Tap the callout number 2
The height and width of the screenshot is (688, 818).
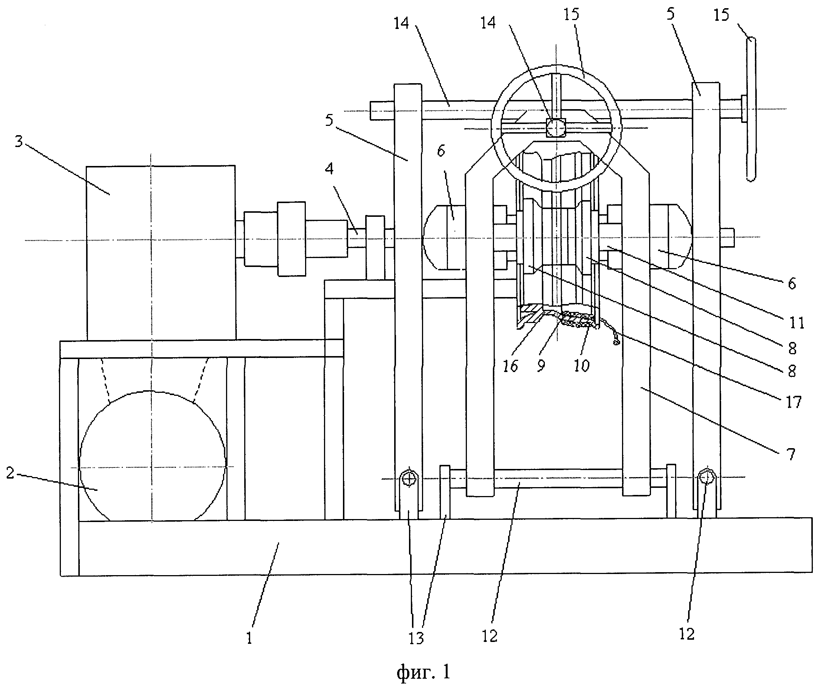10,473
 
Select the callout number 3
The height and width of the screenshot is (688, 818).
19,141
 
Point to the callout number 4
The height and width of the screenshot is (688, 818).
330,169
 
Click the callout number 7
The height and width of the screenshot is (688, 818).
791,454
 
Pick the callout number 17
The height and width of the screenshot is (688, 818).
794,402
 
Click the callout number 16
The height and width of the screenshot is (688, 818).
510,366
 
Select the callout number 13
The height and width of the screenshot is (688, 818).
416,638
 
